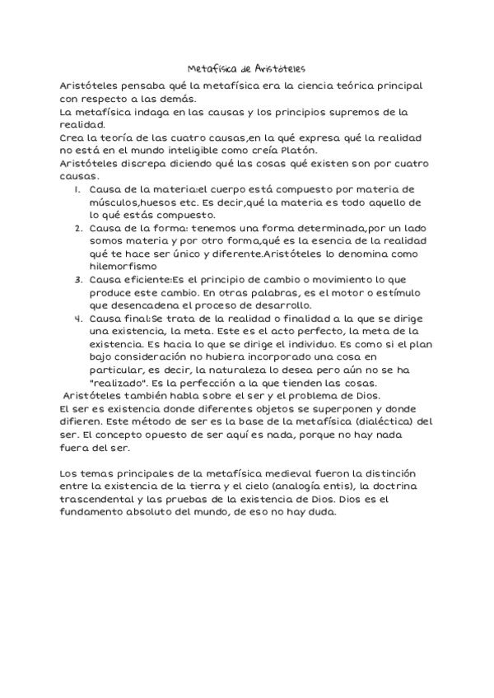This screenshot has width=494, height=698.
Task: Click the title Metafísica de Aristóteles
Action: [x=247, y=70]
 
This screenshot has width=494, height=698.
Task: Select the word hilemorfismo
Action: [x=122, y=266]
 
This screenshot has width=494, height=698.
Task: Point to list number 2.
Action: [x=77, y=228]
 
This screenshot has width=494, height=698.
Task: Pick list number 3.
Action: [x=77, y=280]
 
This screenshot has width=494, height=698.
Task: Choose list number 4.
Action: [x=77, y=318]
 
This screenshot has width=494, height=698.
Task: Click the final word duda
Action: [x=322, y=514]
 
